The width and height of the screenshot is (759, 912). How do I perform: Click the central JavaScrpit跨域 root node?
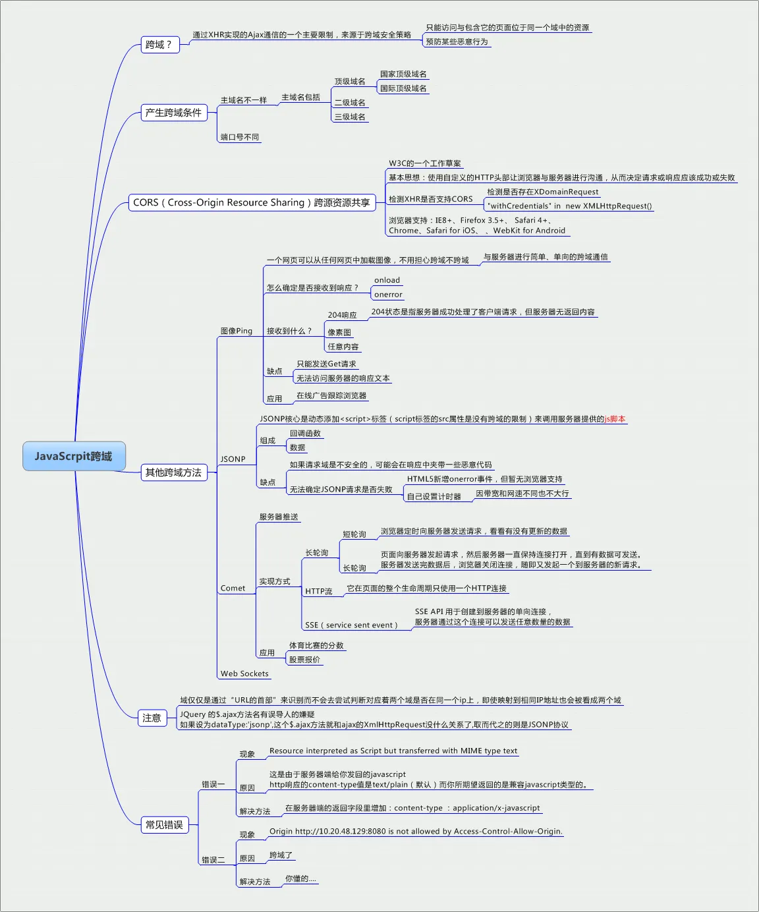[x=74, y=456]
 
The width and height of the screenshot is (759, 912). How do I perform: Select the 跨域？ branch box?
[x=159, y=45]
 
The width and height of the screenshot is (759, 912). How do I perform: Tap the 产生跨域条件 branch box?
[x=174, y=113]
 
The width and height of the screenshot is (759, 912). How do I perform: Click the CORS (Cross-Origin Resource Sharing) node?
[x=252, y=202]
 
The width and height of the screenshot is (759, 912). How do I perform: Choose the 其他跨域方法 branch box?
[x=174, y=472]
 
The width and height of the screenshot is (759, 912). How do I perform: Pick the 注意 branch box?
[x=152, y=718]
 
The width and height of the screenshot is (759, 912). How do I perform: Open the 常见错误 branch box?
[x=165, y=824]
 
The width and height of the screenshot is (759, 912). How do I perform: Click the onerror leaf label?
[x=388, y=295]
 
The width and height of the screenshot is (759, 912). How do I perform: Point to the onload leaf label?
[x=387, y=280]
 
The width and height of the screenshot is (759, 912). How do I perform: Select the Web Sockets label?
[x=244, y=673]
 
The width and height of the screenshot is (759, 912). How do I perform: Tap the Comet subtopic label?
[x=233, y=588]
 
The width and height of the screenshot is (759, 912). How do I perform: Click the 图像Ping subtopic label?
[x=236, y=331]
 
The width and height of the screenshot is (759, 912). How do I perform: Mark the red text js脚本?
[x=615, y=419]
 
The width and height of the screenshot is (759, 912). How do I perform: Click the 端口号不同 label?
[x=240, y=137]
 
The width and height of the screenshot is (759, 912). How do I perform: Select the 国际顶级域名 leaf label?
[x=403, y=88]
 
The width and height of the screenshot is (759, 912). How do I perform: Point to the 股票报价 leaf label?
[x=304, y=660]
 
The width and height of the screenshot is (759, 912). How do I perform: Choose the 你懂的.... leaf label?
[x=300, y=878]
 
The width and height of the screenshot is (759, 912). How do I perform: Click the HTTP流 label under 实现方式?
[x=319, y=591]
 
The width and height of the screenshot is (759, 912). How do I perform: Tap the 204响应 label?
[x=342, y=315]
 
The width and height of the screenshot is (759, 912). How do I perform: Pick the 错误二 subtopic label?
[x=213, y=860]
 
